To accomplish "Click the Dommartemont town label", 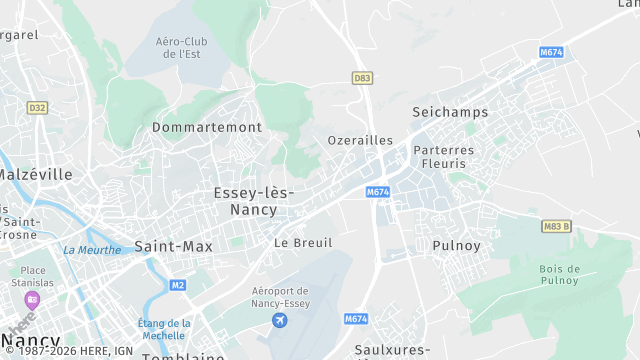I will pos(207,127).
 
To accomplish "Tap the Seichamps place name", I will pos(450,113).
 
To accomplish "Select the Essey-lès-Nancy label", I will pos(254,200).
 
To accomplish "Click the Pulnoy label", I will pos(457,244).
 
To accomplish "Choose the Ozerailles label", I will pos(360,141).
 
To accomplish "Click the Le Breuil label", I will pos(303,242).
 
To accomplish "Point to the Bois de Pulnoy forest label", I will pos(560,275).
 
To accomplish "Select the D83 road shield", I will pos(363,77).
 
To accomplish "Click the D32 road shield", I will pos(37,107).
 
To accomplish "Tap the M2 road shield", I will pos(178,285).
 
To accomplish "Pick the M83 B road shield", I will pos(555,227).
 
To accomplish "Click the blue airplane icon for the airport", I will pos(279,320).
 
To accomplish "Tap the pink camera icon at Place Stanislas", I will pos(33,299).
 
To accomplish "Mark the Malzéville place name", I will pos(35,174).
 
